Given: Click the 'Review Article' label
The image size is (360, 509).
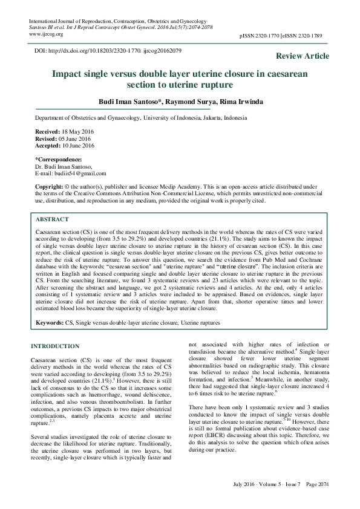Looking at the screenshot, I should [303, 56].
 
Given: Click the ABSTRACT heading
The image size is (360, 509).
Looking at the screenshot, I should [52, 220].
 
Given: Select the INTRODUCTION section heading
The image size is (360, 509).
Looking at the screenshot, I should [55, 346].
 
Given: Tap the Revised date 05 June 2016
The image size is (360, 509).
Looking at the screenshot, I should [73, 138].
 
